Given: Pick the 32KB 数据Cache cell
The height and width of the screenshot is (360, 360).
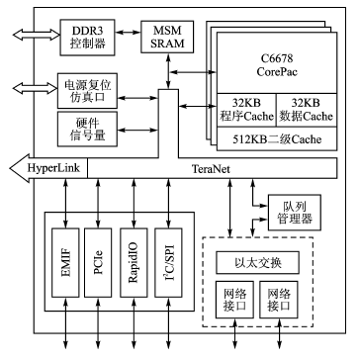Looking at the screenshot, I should tap(307, 109).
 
